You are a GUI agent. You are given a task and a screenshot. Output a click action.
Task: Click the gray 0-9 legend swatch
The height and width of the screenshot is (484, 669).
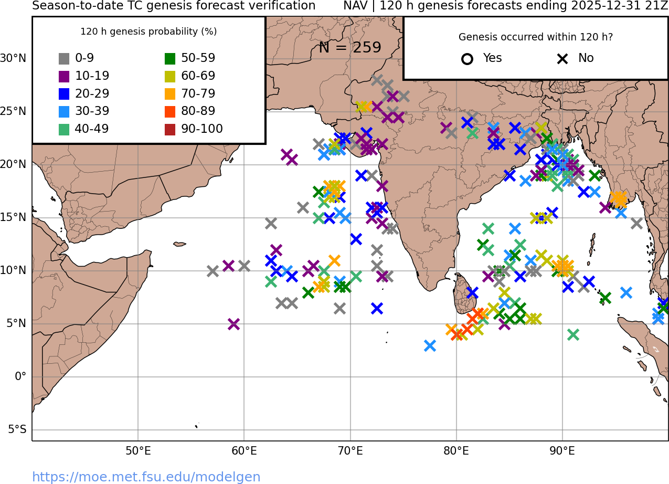pos(64,59)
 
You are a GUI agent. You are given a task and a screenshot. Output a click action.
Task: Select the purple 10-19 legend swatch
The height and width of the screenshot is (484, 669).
pos(64,76)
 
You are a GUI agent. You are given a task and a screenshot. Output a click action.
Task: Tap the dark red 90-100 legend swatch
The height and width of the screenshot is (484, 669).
pos(170,129)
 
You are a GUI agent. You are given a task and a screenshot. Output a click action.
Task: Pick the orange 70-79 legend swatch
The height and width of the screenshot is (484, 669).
pos(170,94)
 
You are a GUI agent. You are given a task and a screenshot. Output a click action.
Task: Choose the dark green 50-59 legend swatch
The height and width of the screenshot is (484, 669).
pos(170,59)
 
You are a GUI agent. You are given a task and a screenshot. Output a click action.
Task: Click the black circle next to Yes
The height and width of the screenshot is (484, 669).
pos(467,59)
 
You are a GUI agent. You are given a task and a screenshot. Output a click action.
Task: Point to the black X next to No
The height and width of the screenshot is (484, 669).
pos(562,59)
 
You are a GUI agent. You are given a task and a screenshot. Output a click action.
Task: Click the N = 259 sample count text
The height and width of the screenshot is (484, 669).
pos(350,48)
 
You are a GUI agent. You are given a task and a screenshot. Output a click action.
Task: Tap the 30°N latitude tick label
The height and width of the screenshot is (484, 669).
pos(13,58)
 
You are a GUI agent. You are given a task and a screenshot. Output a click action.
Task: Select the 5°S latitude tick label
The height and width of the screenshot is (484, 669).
pos(17,430)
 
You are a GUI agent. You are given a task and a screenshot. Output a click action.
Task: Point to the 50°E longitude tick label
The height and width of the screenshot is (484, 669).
pos(138,451)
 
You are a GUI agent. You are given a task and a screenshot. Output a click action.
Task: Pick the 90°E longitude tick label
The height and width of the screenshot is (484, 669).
pos(562,451)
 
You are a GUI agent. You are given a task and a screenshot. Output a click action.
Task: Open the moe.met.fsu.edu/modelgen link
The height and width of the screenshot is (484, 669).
pos(146,477)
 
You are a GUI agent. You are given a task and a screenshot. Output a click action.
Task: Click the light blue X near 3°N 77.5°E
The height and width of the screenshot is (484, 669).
pos(430,345)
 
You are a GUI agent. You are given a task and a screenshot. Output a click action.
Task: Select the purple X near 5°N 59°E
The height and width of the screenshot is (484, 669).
pos(233,324)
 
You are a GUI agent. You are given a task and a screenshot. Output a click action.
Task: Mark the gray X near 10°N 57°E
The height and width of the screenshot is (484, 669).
pos(213,271)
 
